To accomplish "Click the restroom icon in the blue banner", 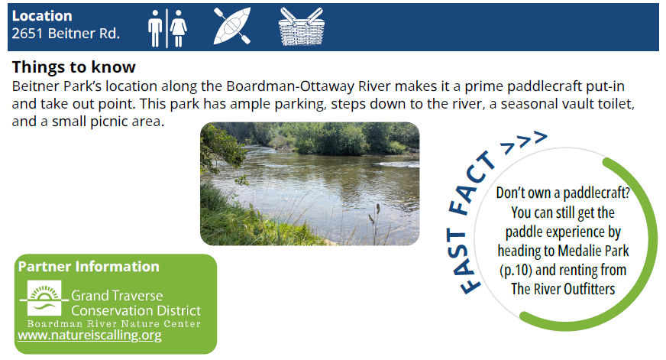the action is point(167,28).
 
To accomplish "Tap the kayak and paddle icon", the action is point(232,26).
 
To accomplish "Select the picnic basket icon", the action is point(302,26).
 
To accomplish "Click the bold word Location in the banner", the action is point(42,16).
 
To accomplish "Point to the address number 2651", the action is point(27,33).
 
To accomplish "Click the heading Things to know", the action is point(73,66).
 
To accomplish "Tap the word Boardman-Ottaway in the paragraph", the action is point(308,86).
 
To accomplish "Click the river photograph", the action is point(309,183).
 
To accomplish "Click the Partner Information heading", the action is point(89,267).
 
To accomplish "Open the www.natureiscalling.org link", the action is point(89,336).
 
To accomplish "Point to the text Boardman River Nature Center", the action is point(114,324).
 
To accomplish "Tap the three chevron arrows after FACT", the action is point(524,141).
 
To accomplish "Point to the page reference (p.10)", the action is point(516,271).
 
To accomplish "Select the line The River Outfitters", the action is point(563,289).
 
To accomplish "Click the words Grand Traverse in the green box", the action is point(117,295).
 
